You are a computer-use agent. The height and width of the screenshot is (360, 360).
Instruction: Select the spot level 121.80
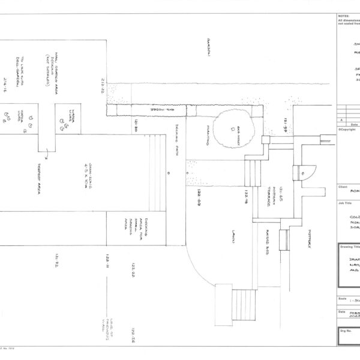pyautogui.click(x=136, y=128)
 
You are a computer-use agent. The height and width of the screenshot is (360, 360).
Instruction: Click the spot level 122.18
pyautogui.click(x=245, y=199)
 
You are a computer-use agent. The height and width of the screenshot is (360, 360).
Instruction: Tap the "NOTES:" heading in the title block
pyautogui.click(x=343, y=17)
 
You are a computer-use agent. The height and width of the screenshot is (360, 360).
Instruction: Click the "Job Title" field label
pyautogui.click(x=345, y=203)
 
